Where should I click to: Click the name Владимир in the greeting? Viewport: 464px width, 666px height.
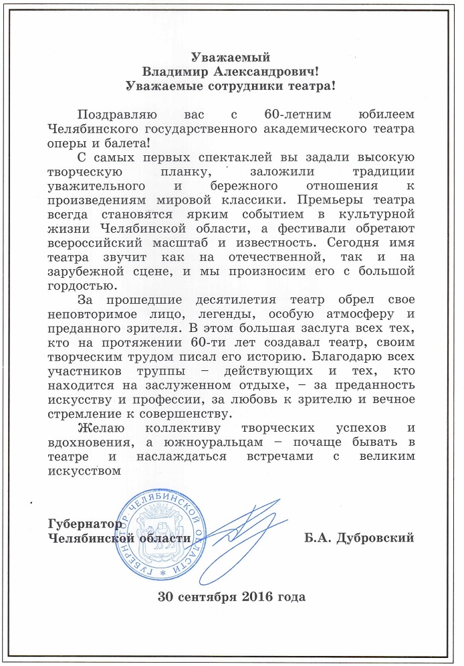176,70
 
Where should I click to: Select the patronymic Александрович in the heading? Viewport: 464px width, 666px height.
265,70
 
